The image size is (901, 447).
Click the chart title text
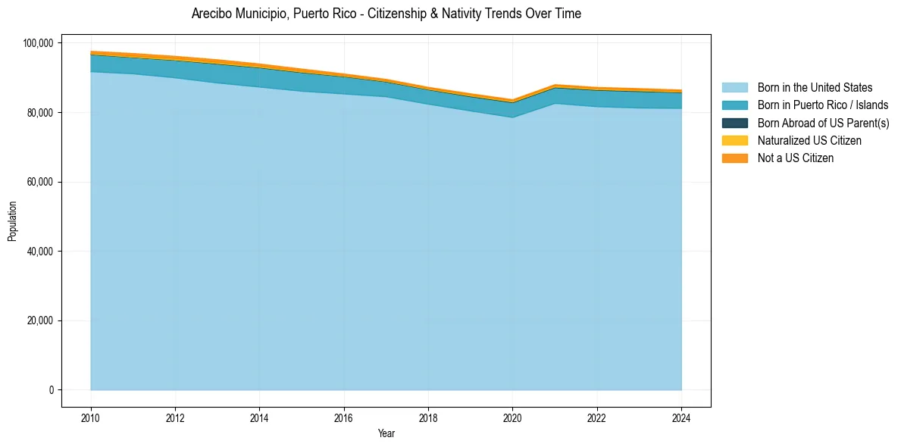[386, 14]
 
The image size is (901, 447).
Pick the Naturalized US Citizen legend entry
[809, 140]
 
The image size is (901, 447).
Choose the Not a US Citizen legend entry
[795, 158]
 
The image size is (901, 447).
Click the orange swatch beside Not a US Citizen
[734, 158]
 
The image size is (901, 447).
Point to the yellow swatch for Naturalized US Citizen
[734, 140]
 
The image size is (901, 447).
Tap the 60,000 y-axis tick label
[39, 182]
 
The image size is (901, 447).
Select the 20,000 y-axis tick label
[39, 320]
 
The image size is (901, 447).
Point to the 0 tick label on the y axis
[51, 390]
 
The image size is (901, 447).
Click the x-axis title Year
[386, 433]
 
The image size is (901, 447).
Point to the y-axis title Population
[12, 221]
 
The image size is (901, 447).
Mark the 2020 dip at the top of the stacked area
[513, 100]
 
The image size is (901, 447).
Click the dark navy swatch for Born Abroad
[734, 123]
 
